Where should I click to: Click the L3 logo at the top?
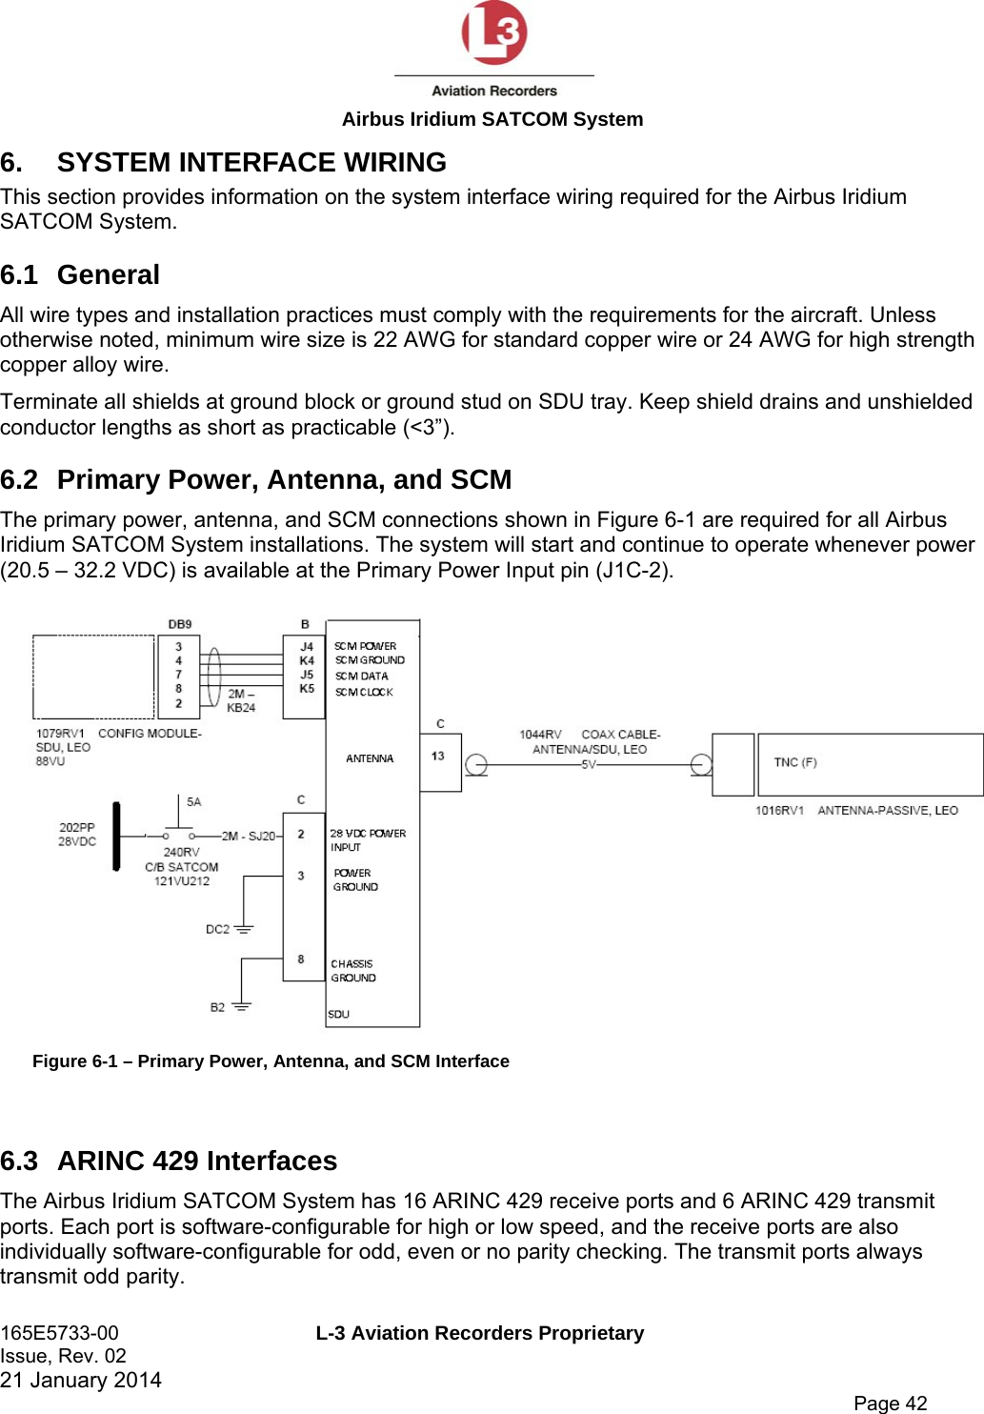pyautogui.click(x=493, y=34)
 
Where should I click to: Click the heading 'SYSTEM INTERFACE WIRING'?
pyautogui.click(x=251, y=163)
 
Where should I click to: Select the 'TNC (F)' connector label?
pyautogui.click(x=794, y=762)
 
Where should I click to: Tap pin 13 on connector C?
pyautogui.click(x=438, y=757)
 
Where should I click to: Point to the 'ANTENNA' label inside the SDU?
pyautogui.click(x=370, y=758)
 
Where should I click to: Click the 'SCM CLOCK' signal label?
pyautogui.click(x=364, y=693)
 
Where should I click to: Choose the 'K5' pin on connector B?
pyautogui.click(x=307, y=689)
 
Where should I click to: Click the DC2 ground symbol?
pyautogui.click(x=244, y=928)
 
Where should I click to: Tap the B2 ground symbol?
pyautogui.click(x=241, y=1006)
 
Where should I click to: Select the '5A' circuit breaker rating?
pyautogui.click(x=194, y=802)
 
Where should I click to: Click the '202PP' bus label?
pyautogui.click(x=77, y=828)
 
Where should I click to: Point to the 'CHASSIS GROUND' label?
pyautogui.click(x=353, y=971)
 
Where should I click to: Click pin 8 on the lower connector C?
pyautogui.click(x=301, y=959)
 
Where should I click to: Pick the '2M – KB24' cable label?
pyautogui.click(x=241, y=700)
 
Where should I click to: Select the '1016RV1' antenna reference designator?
pyautogui.click(x=779, y=811)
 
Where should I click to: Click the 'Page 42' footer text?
pyautogui.click(x=890, y=1403)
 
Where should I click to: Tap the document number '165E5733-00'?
pyautogui.click(x=60, y=1333)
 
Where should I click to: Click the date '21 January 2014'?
pyautogui.click(x=81, y=1380)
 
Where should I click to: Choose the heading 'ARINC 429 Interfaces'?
pyautogui.click(x=197, y=1161)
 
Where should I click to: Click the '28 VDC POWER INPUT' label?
pyautogui.click(x=367, y=839)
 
